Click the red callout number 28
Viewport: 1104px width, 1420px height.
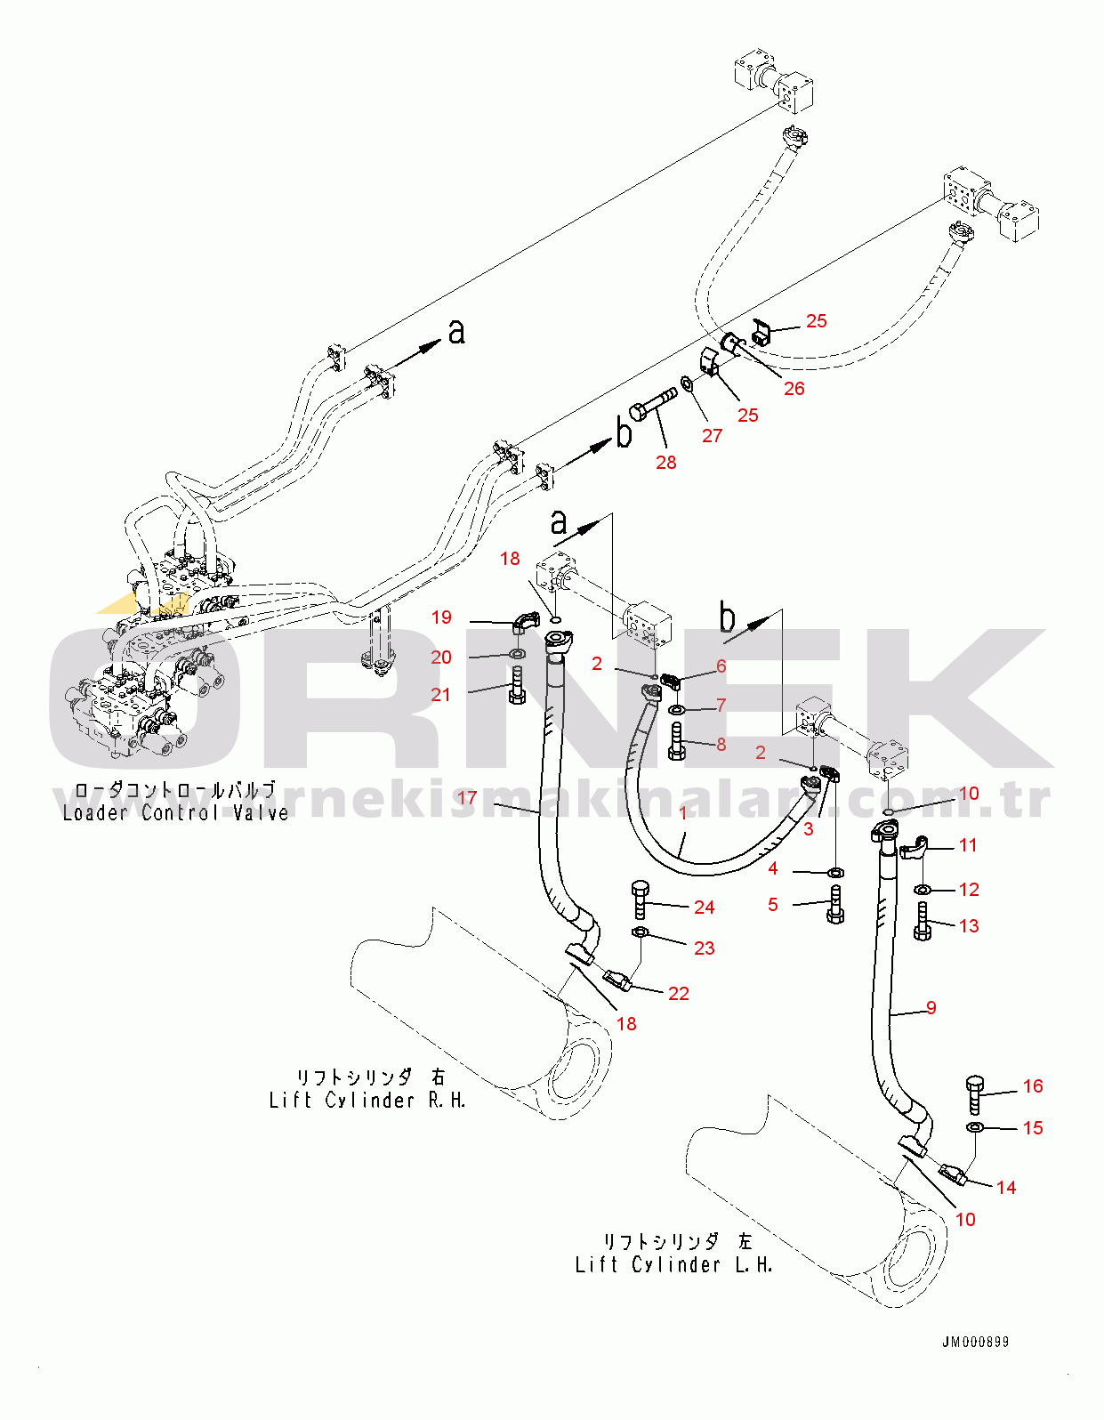[666, 462]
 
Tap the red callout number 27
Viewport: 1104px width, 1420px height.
[712, 435]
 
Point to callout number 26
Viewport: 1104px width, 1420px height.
[794, 388]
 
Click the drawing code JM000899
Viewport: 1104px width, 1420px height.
[976, 1342]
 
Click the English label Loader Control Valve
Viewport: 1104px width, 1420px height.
[175, 812]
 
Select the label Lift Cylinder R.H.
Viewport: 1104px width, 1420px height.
[367, 1101]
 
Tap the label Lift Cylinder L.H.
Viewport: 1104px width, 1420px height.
[673, 1264]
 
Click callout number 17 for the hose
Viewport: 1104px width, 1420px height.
[467, 798]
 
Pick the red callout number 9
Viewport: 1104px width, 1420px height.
[931, 1007]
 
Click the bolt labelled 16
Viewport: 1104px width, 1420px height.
[974, 1093]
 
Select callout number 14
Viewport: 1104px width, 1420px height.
[1006, 1187]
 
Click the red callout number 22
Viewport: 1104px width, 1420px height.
[679, 993]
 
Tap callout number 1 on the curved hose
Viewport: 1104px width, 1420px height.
[683, 812]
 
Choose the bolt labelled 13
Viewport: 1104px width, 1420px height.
[922, 922]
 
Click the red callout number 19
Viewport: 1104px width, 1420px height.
[441, 617]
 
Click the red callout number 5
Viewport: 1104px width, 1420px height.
[772, 904]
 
